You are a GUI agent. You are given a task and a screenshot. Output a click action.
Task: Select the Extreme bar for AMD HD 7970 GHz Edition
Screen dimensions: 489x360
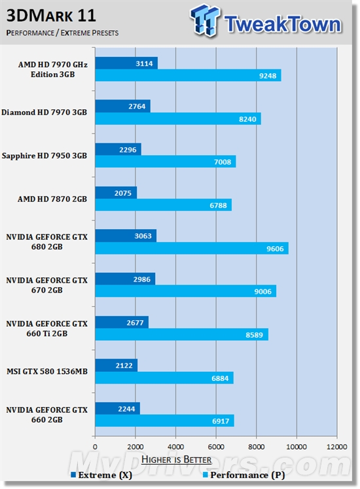(x=126, y=63)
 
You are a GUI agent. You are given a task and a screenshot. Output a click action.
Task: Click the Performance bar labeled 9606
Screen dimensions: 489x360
(x=191, y=248)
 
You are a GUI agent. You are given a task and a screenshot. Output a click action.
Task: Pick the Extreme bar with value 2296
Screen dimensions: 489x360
(x=118, y=149)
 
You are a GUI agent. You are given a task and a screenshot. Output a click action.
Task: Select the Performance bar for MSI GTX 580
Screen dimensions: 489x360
(x=164, y=378)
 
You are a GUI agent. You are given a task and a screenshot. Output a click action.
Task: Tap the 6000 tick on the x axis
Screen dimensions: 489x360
(x=216, y=440)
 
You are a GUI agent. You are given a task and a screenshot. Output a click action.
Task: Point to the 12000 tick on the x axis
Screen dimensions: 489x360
(x=336, y=440)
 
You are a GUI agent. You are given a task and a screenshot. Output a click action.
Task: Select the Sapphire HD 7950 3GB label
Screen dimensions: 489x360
(x=48, y=155)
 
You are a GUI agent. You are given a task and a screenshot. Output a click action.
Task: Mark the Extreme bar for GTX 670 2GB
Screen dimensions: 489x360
(x=125, y=279)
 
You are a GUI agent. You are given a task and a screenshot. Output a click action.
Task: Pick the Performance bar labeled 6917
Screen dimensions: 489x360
(x=164, y=420)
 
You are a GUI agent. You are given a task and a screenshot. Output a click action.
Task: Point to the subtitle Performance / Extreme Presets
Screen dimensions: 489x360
(x=63, y=32)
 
